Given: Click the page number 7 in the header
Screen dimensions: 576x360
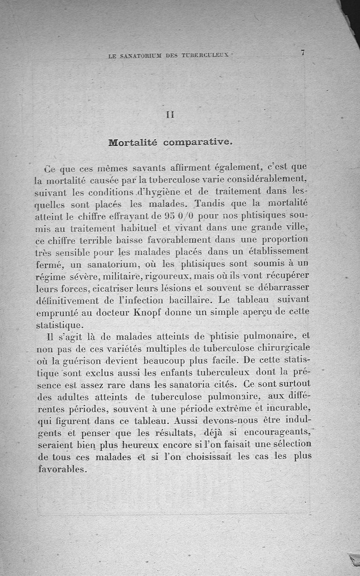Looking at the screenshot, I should [303, 53].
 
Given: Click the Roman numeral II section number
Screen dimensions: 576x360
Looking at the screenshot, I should [170, 115].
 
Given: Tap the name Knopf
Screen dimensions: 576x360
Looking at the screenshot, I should [146, 313].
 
